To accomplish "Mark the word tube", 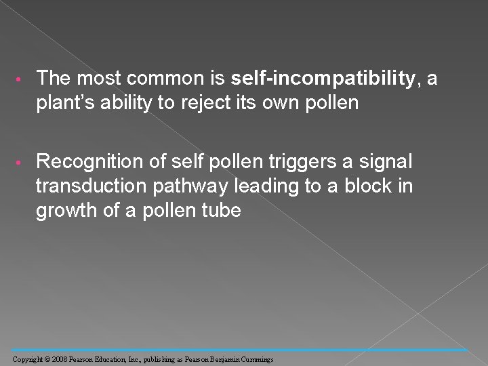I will pyautogui.click(x=221, y=210).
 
